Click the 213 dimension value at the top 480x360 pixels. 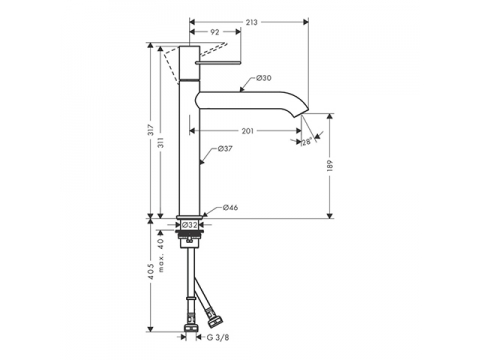tap(252, 22)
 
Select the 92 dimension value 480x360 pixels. tap(215, 32)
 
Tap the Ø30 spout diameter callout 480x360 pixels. tap(264, 78)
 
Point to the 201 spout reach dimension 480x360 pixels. tap(247, 131)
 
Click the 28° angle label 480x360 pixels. tap(307, 142)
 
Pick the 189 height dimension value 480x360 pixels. tap(330, 166)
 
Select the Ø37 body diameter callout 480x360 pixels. tap(225, 149)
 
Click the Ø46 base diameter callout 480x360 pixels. tap(230, 208)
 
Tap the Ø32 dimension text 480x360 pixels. tap(190, 225)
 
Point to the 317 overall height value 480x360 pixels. tap(151, 130)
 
